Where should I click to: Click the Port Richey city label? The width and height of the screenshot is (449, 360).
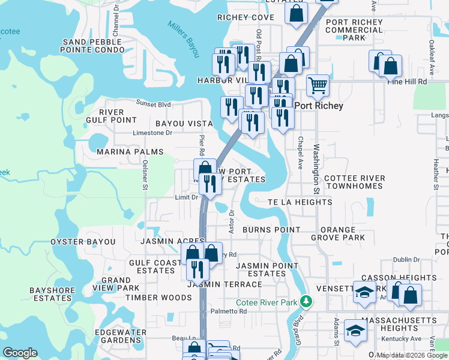tap(319, 106)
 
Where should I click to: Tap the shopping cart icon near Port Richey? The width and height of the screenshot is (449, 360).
tap(318, 85)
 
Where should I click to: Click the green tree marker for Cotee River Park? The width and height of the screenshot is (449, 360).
tap(307, 300)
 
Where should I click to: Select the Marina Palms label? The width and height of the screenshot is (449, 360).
tap(130, 152)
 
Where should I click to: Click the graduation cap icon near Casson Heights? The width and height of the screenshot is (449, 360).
tap(364, 292)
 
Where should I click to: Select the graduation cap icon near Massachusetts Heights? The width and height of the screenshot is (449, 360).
tap(355, 331)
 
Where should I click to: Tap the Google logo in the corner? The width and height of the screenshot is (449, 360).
tap(20, 353)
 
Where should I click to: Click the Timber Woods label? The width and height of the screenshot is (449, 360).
tap(149, 298)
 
